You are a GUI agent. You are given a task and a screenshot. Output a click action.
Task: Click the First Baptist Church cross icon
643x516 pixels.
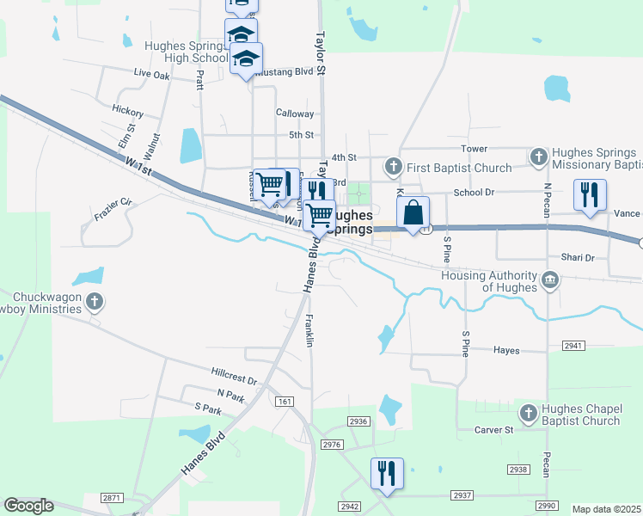point(394,165)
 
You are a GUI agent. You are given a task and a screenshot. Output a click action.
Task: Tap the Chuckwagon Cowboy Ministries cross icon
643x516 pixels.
point(95,302)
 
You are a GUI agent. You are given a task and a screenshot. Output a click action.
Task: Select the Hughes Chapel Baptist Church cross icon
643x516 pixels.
point(529,413)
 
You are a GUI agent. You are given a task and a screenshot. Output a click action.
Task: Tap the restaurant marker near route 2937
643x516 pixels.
point(386,472)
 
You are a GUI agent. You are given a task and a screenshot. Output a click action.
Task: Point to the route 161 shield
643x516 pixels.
point(285,402)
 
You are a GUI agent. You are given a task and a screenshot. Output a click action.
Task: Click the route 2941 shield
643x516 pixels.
point(573,346)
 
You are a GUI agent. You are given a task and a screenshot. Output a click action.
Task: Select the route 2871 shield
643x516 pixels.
point(112,498)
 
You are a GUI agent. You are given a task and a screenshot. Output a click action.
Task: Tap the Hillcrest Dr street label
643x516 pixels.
point(234,376)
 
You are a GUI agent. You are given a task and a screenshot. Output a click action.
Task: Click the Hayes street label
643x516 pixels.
point(506,350)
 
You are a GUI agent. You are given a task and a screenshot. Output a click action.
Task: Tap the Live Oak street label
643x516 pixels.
point(152,75)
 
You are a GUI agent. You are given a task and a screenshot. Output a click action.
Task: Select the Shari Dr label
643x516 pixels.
point(577,257)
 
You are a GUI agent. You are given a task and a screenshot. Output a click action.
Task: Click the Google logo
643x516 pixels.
point(28,506)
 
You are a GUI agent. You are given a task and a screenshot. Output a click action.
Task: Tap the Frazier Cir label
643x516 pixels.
point(113,202)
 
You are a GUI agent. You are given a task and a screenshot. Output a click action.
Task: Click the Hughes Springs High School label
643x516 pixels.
point(187,52)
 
